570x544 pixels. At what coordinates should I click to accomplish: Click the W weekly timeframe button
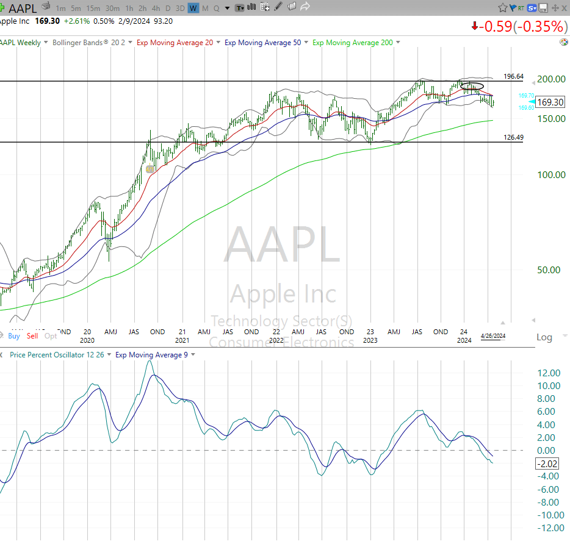(193, 8)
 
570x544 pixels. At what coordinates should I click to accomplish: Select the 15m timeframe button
(93, 8)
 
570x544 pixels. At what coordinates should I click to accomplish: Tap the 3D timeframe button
(180, 8)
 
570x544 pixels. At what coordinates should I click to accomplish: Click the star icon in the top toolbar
(502, 8)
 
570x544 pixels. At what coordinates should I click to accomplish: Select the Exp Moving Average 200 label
(353, 43)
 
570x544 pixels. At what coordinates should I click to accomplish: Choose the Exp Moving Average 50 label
(262, 43)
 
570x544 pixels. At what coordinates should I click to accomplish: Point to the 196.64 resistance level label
(513, 76)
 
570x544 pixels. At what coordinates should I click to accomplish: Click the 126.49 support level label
(513, 137)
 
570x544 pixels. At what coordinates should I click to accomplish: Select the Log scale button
(544, 337)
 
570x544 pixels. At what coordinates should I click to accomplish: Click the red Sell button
(32, 336)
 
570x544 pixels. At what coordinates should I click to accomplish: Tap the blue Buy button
(14, 336)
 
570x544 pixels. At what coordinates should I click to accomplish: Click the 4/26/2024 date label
(493, 336)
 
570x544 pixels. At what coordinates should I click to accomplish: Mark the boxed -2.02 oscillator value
(548, 463)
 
